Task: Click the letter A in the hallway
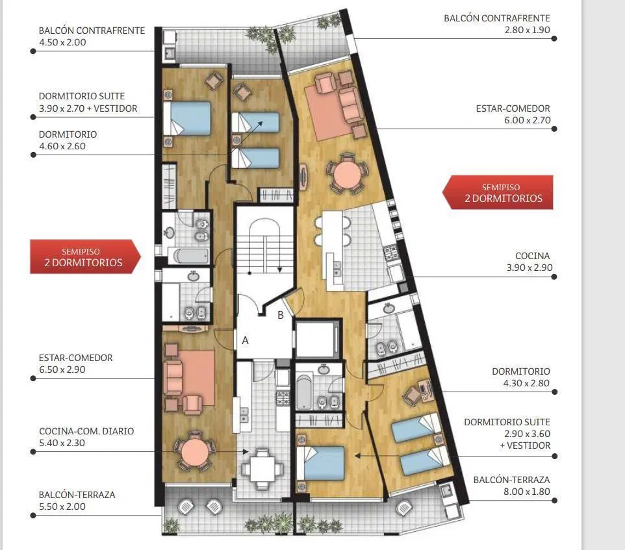(245, 340)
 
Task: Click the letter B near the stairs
(281, 315)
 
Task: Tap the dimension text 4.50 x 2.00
(62, 42)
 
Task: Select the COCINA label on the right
(533, 256)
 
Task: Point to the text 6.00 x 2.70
(528, 120)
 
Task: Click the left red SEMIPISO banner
(85, 257)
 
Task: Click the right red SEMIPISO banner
(498, 192)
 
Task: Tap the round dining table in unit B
(347, 173)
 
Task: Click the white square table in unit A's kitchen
(262, 469)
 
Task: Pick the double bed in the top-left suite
(187, 119)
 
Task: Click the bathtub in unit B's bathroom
(304, 392)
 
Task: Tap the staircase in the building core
(265, 247)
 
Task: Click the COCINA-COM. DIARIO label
(86, 431)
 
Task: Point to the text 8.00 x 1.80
(526, 492)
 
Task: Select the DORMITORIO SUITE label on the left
(82, 96)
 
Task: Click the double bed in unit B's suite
(320, 463)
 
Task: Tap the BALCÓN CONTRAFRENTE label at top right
(497, 18)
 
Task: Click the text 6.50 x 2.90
(62, 369)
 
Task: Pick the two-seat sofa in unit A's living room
(173, 377)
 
